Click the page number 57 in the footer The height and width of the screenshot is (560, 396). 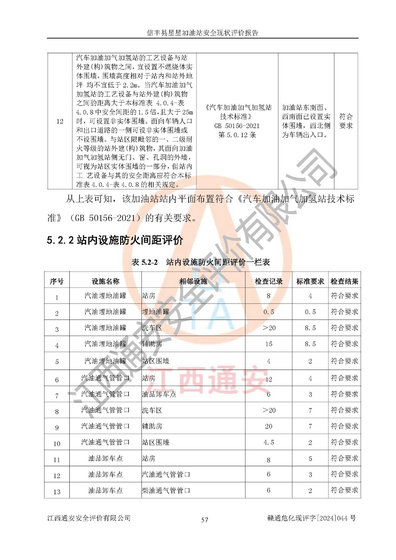point(204,520)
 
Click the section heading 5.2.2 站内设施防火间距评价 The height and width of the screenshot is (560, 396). point(115,240)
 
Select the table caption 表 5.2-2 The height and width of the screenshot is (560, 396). point(144,262)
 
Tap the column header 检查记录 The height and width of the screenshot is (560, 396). point(268,281)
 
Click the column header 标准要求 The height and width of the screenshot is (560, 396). point(310,281)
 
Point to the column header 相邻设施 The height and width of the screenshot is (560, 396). point(193,281)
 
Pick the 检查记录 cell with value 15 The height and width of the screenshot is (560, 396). point(269,344)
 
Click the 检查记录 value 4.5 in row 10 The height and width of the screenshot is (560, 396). point(269,442)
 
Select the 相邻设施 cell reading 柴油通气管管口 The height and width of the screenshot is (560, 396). point(166,490)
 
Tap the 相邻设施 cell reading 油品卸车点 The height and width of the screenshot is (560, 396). point(159,394)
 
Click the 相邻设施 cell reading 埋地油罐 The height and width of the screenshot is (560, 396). point(155,311)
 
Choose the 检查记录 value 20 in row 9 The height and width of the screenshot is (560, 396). point(269,426)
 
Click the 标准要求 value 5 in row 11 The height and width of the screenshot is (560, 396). point(310,458)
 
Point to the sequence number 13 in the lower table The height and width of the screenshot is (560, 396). point(57,492)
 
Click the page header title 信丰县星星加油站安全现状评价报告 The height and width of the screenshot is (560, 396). point(202,33)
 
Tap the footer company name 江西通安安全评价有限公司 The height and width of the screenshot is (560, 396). point(89,518)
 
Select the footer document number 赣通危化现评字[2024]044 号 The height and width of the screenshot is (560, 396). point(311,518)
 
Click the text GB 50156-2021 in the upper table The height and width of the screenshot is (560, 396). point(237,126)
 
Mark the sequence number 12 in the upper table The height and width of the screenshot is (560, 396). point(60,121)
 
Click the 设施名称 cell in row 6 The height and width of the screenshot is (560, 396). point(105,378)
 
